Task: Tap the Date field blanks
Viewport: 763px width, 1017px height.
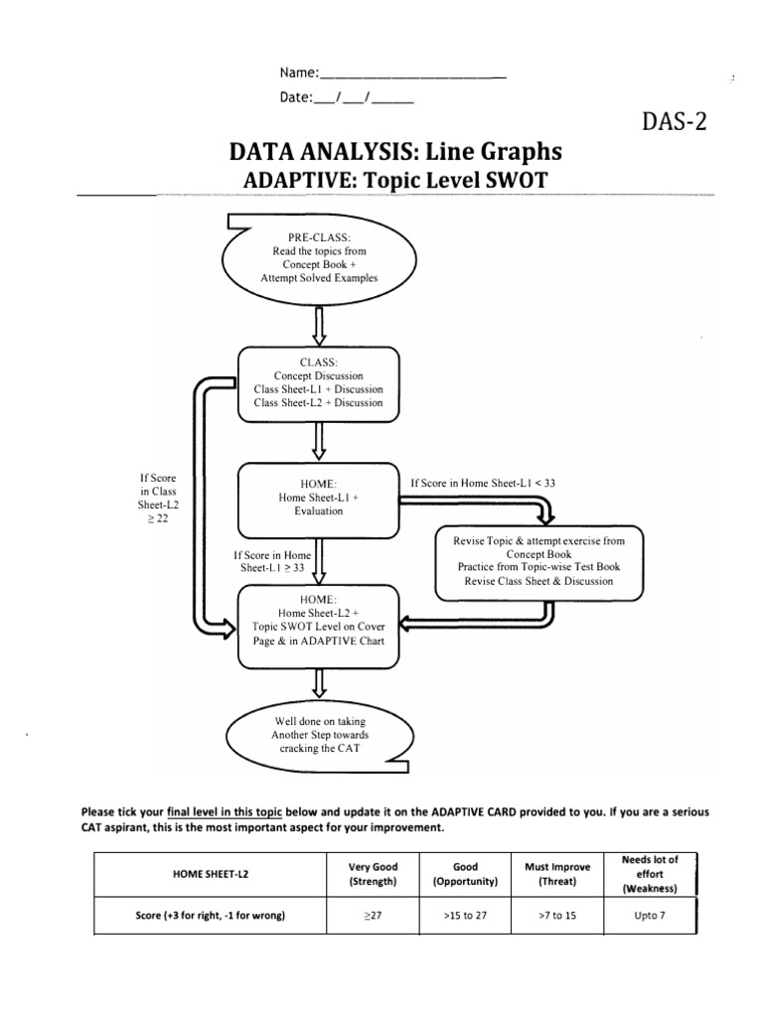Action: point(363,97)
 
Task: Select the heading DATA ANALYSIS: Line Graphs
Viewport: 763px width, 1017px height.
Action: point(395,151)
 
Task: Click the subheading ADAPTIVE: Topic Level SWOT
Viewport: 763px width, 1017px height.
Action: point(395,180)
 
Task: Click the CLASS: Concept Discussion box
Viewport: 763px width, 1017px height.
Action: point(318,382)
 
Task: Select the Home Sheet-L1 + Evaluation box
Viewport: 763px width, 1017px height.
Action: point(318,498)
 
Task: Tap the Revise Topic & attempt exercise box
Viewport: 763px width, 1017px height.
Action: point(538,562)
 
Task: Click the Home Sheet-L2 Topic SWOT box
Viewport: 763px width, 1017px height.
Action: point(318,627)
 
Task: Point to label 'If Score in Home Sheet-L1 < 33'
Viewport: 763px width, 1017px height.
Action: point(483,483)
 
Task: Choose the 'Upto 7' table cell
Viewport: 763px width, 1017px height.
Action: point(650,916)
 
